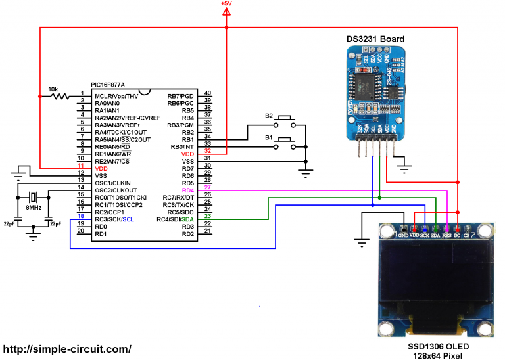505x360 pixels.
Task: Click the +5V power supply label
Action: click(x=227, y=4)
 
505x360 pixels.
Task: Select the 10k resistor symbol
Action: click(x=60, y=96)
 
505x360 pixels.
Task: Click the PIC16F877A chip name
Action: click(x=108, y=85)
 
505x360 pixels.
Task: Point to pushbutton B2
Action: click(x=285, y=120)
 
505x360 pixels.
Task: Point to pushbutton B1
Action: click(x=285, y=142)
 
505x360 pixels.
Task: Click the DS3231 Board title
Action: click(x=375, y=39)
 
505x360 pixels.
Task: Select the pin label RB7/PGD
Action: click(x=181, y=96)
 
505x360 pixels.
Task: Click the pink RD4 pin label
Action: click(x=187, y=191)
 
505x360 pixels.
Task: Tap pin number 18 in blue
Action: click(x=81, y=216)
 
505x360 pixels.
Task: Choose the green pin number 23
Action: click(x=207, y=216)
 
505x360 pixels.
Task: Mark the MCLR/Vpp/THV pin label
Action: click(x=116, y=96)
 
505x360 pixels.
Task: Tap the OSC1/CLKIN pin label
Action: click(x=112, y=183)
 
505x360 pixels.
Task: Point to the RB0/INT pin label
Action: click(x=181, y=146)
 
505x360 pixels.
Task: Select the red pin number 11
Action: click(x=81, y=168)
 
